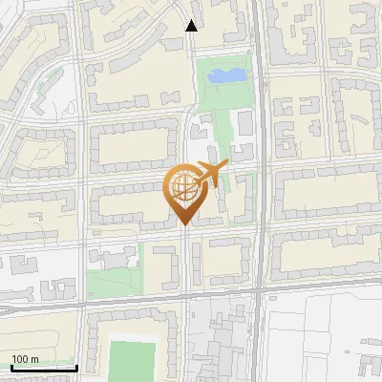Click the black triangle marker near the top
click(x=192, y=26)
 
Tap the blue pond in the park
click(x=225, y=74)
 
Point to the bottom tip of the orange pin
click(x=182, y=225)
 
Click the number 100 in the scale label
click(x=19, y=358)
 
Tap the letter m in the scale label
click(x=34, y=358)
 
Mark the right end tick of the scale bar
click(x=76, y=367)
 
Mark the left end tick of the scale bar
click(x=11, y=367)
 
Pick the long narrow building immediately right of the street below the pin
click(x=196, y=263)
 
